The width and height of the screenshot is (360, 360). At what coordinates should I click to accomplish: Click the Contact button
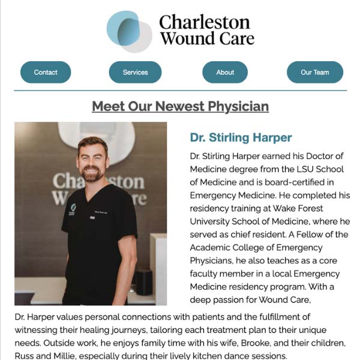tap(46, 72)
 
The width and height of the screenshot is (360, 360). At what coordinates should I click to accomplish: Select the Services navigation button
tap(135, 72)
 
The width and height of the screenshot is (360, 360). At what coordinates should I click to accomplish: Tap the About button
tap(225, 72)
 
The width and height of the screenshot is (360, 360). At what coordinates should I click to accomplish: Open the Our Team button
tap(315, 72)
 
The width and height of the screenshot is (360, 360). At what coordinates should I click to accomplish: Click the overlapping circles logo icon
tap(129, 31)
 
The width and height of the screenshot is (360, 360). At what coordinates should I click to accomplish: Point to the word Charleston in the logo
tap(204, 23)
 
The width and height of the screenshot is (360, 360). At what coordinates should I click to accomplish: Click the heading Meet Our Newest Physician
tap(180, 107)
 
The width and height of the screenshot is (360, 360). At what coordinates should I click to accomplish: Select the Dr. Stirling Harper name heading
tap(241, 138)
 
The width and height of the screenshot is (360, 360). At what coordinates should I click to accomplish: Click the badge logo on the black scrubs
tap(73, 208)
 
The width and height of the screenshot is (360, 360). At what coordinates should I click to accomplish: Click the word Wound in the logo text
tap(184, 38)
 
